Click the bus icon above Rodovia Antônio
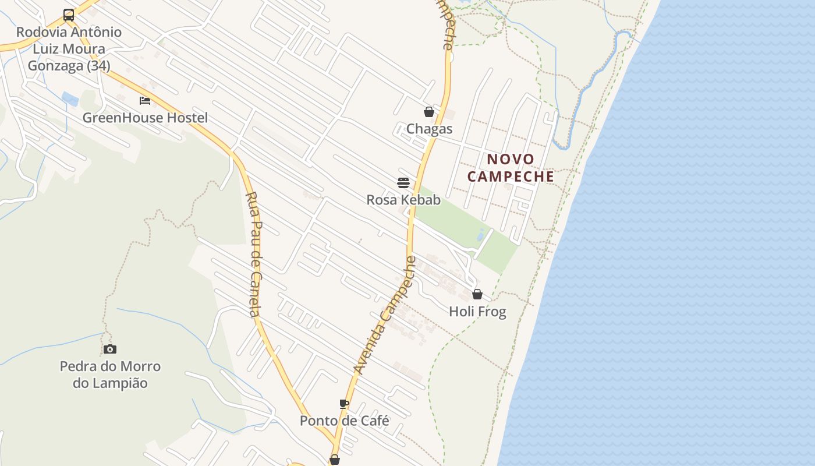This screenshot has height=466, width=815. coord(69,15)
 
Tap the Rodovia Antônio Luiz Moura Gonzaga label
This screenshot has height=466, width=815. coord(69,49)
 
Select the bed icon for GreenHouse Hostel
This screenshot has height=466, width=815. coord(145,101)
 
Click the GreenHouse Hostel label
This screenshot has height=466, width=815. coord(145,118)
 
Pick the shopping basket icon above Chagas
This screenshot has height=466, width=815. coord(429,112)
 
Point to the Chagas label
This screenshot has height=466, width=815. coord(429,129)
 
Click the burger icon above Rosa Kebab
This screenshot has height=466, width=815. coord(403,183)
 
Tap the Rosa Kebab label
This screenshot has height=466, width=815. coord(403,200)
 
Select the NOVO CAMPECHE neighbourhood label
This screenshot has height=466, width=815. coord(511,168)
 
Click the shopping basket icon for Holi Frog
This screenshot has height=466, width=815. coord(477,294)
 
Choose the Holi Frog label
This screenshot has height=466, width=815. coord(477,312)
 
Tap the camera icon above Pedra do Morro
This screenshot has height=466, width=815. coord(110,349)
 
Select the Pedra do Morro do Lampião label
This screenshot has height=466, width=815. coord(110,375)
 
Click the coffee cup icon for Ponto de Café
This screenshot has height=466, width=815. coord(344,404)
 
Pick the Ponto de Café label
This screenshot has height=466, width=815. coord(344,421)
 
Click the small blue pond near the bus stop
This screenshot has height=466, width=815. coord(70,99)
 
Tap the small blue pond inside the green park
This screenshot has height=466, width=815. coord(481,235)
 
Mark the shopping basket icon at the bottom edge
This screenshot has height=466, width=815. coord(335,460)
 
